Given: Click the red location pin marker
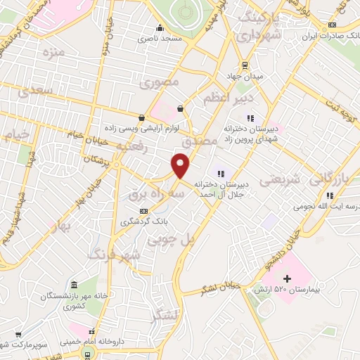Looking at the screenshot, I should click(181, 165).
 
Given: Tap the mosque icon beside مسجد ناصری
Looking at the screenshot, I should click(161, 29).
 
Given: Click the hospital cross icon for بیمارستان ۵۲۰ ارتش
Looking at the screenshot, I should click(286, 279).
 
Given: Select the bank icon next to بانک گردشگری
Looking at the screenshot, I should click(144, 211).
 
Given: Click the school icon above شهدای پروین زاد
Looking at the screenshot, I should click(250, 117).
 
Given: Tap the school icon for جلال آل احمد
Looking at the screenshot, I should click(219, 173).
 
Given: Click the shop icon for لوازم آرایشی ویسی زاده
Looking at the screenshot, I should click(143, 117).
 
